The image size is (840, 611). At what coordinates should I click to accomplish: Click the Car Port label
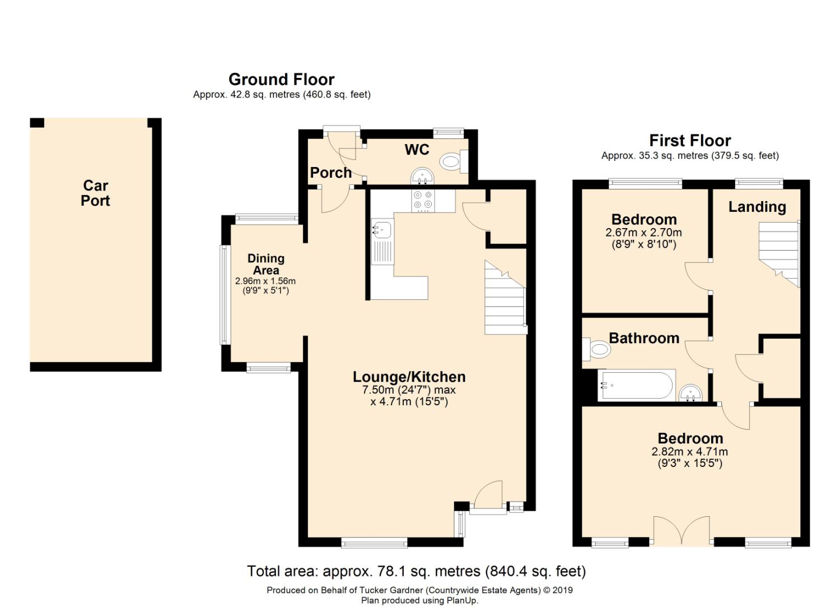[x=95, y=193]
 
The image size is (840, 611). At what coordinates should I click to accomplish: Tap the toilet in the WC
[x=454, y=161]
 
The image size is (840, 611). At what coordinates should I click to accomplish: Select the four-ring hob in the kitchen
[x=423, y=201]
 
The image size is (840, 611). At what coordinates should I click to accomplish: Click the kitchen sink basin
[x=382, y=229]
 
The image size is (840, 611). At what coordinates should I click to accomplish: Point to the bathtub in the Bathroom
[x=636, y=385]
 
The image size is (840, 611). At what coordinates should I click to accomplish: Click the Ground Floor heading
[x=281, y=80]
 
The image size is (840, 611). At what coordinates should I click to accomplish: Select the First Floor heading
[x=690, y=141]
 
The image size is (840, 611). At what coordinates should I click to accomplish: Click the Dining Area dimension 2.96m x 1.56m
[x=265, y=281]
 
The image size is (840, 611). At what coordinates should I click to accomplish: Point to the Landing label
[x=757, y=207]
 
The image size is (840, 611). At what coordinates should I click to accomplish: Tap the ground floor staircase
[x=506, y=297]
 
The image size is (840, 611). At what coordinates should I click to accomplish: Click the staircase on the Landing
[x=778, y=254]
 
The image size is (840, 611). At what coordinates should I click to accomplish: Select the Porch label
[x=331, y=173]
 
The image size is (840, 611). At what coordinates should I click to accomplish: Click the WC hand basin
[x=422, y=176]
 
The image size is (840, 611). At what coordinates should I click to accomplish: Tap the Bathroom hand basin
[x=690, y=394]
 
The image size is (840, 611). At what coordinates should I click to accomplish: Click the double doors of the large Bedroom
[x=682, y=531]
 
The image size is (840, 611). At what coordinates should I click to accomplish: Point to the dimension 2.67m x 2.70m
[x=643, y=233]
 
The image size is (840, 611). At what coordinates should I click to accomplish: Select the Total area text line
[x=416, y=571]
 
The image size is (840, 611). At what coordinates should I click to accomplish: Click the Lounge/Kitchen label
[x=409, y=377]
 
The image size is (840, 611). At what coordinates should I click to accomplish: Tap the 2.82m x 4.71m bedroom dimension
[x=690, y=451]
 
